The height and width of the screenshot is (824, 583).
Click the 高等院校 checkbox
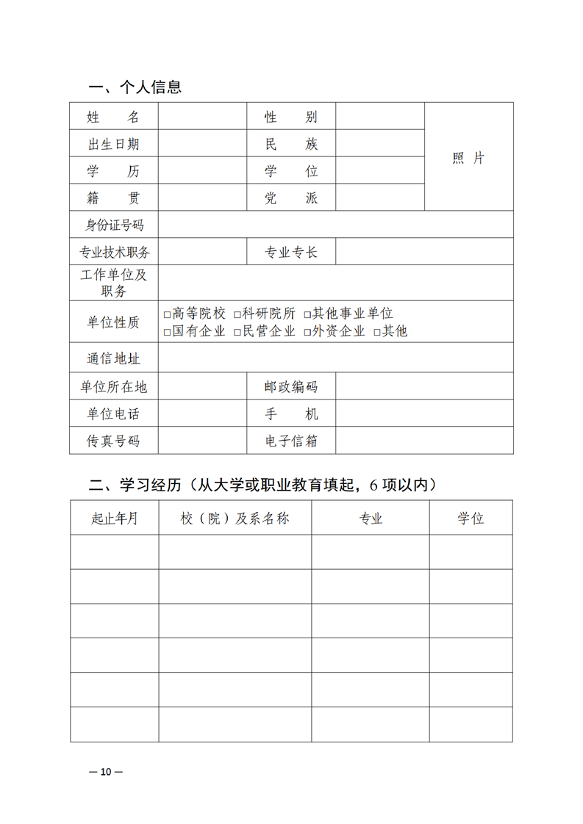click(x=168, y=314)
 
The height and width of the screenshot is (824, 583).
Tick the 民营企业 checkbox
click(x=238, y=332)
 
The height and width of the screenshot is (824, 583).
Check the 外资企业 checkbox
click(x=308, y=332)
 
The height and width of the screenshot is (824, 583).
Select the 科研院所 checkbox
click(x=238, y=314)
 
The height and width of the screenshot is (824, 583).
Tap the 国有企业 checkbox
click(x=168, y=332)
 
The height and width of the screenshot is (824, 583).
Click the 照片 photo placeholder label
click(x=468, y=159)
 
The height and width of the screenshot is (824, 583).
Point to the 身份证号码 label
click(x=114, y=225)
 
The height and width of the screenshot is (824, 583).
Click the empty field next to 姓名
click(x=202, y=117)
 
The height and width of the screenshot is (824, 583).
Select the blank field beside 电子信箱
click(x=424, y=441)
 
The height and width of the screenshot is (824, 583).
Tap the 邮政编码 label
click(x=291, y=387)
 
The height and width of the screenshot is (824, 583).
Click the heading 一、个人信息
click(x=135, y=88)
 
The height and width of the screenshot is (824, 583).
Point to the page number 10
click(x=106, y=772)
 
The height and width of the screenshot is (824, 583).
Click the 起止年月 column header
click(x=114, y=518)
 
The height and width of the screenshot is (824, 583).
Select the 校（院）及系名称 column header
click(x=235, y=518)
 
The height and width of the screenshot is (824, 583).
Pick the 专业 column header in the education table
click(x=371, y=518)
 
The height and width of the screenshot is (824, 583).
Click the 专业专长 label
click(x=291, y=253)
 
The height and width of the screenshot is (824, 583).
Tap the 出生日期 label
click(x=114, y=144)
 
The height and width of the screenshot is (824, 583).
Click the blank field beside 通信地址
click(x=335, y=358)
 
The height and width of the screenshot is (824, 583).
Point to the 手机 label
click(x=291, y=414)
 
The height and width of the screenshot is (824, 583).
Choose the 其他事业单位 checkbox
click(x=308, y=314)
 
